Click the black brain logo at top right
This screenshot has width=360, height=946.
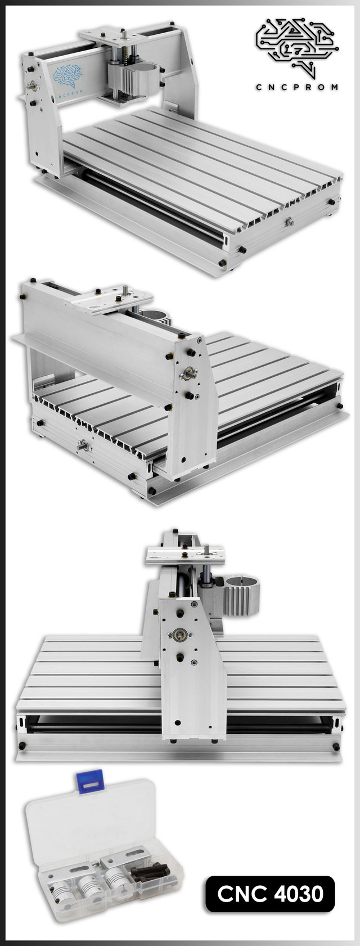click(297, 47)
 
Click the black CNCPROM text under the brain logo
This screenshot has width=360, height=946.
click(296, 87)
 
